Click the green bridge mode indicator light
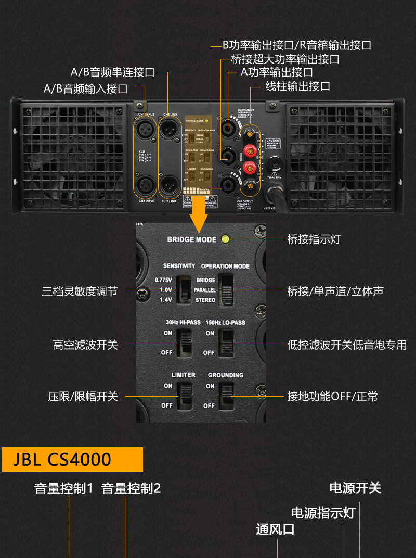pyautogui.click(x=225, y=239)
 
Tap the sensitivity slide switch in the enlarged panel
pyautogui.click(x=184, y=289)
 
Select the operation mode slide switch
pyautogui.click(x=227, y=289)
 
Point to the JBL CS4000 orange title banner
pyautogui.click(x=72, y=459)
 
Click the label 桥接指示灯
pyautogui.click(x=314, y=239)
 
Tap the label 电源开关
pyautogui.click(x=355, y=488)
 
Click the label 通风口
pyautogui.click(x=275, y=530)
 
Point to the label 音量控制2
pyautogui.click(x=131, y=489)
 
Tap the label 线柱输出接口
pyautogui.click(x=297, y=86)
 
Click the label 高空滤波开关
pyautogui.click(x=85, y=345)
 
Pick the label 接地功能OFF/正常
pyautogui.click(x=332, y=397)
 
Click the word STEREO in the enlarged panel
pyautogui.click(x=205, y=300)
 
